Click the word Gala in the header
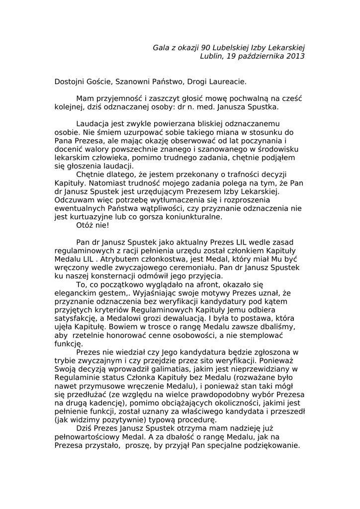point(161,47)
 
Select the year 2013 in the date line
point(295,56)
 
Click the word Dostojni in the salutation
point(70,81)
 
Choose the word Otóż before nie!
point(85,226)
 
